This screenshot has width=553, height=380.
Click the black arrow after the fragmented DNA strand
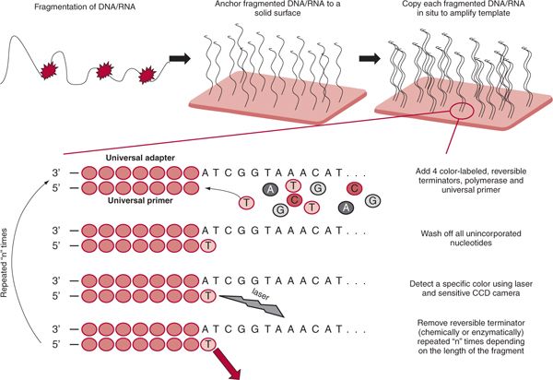181,59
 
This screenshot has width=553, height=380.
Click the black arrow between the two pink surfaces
370,59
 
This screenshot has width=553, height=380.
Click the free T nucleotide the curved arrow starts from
247,202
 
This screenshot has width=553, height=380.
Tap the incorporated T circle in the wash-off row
208,245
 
